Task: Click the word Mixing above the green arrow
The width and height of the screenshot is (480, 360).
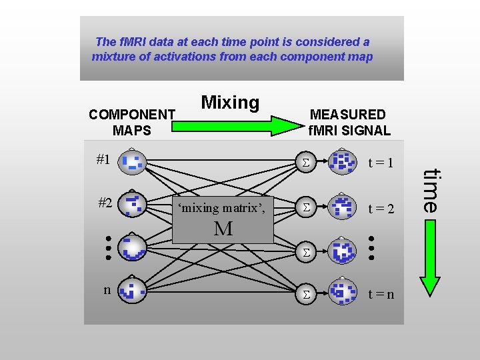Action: [x=230, y=103]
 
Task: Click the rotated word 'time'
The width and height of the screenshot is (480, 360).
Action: [x=433, y=190]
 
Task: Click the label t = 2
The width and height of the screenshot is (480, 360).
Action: [x=382, y=209]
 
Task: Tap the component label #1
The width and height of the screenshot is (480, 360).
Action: [x=103, y=159]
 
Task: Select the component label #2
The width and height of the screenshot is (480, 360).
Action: [x=105, y=203]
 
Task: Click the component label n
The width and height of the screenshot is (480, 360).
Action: [x=107, y=289]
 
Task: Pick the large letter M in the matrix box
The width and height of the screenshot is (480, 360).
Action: [x=223, y=229]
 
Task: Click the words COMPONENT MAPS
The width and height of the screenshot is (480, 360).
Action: [x=132, y=122]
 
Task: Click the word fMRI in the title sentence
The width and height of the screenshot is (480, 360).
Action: [x=131, y=42]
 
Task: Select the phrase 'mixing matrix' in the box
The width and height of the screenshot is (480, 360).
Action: [x=221, y=207]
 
